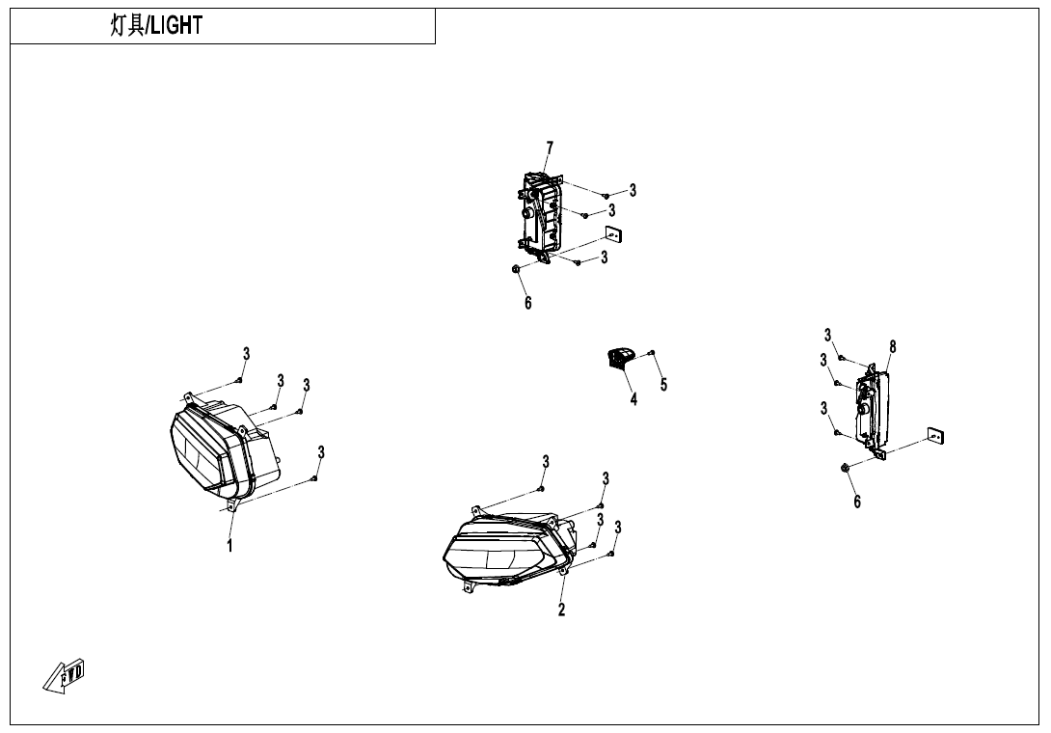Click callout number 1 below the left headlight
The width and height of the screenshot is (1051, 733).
tap(229, 546)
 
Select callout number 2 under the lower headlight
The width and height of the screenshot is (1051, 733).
tap(562, 609)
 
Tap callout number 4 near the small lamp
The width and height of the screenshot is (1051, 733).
tap(633, 399)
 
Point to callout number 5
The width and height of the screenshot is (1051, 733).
tap(663, 384)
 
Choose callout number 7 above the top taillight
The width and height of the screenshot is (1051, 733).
tap(550, 148)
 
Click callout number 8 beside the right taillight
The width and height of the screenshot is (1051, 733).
tap(892, 346)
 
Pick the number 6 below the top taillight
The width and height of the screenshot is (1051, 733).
tap(528, 303)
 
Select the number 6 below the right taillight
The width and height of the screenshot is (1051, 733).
tap(856, 502)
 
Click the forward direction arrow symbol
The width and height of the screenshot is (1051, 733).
tap(65, 675)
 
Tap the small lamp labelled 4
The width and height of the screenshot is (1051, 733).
tap(619, 358)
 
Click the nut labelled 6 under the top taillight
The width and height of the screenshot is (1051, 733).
tap(516, 269)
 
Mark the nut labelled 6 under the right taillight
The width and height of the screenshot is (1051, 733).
tap(846, 466)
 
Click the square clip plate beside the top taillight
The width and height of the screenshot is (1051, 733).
tap(612, 234)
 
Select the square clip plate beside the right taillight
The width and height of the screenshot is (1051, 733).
tap(935, 436)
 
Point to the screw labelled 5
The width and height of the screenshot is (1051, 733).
tap(652, 353)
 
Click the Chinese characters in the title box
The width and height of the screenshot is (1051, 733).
tap(127, 25)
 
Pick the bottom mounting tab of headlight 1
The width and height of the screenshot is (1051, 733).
tap(232, 504)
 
